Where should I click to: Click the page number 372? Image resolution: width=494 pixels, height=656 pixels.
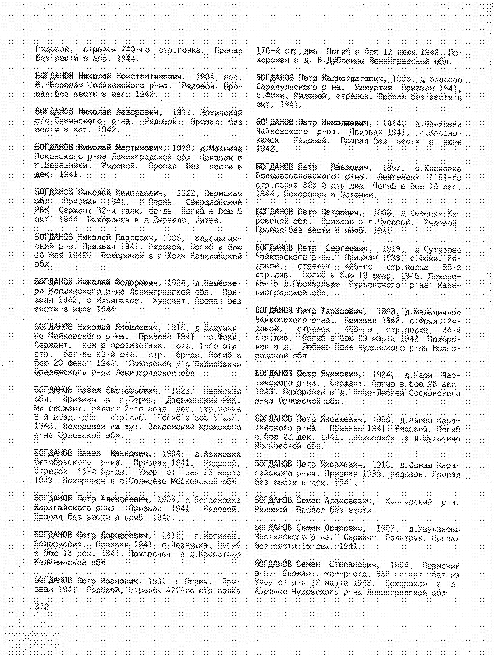[x=42, y=607]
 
